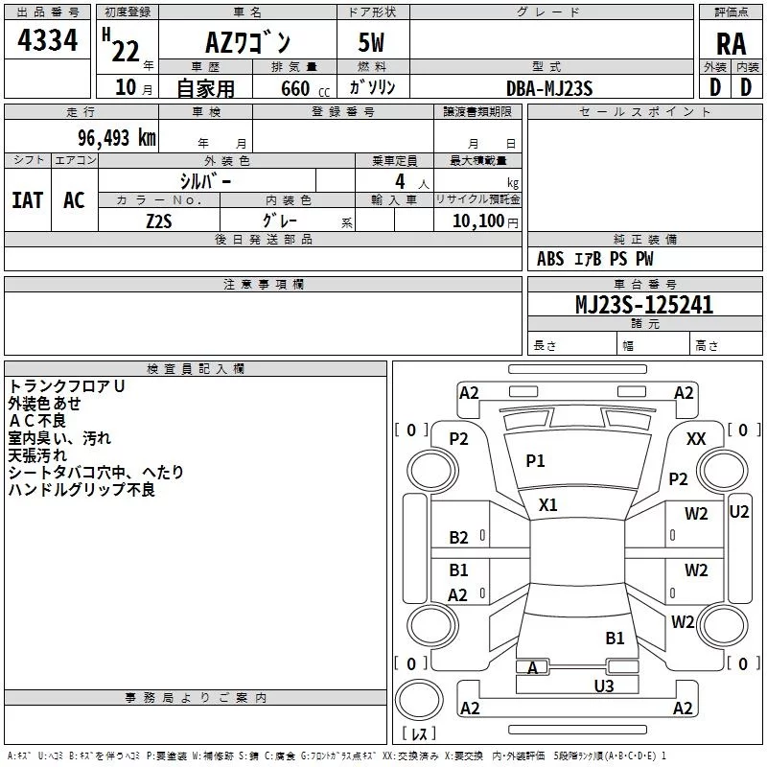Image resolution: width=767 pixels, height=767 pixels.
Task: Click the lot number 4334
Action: [47, 39]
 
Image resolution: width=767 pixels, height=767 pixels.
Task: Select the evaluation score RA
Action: [731, 44]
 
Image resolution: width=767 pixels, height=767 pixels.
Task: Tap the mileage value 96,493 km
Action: [117, 137]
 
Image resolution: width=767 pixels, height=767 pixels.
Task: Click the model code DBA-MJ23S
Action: [549, 88]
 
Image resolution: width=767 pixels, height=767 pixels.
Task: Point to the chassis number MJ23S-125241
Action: [644, 304]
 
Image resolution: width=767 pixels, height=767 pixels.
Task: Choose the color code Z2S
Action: [159, 221]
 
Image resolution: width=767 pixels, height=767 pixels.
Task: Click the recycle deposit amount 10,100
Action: [477, 221]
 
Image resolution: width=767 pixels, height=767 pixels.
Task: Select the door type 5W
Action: [371, 42]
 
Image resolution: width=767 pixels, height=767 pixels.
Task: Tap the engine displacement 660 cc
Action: [305, 88]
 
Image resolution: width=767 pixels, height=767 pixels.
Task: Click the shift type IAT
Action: [28, 200]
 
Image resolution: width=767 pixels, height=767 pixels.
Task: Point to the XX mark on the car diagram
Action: [696, 439]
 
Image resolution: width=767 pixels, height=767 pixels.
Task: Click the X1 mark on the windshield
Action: [547, 505]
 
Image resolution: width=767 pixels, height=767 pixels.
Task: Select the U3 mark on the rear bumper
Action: [604, 686]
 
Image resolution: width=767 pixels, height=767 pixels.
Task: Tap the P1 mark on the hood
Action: [535, 460]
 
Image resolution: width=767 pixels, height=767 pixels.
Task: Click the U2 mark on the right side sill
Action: [738, 512]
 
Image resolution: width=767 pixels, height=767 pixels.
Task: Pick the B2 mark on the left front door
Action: [458, 537]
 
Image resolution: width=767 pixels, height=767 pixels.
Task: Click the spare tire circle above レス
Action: [419, 699]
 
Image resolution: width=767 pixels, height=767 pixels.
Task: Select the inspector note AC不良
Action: [37, 421]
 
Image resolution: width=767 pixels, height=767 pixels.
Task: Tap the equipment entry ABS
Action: [550, 259]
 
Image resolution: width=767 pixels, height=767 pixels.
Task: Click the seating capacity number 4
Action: [400, 181]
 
